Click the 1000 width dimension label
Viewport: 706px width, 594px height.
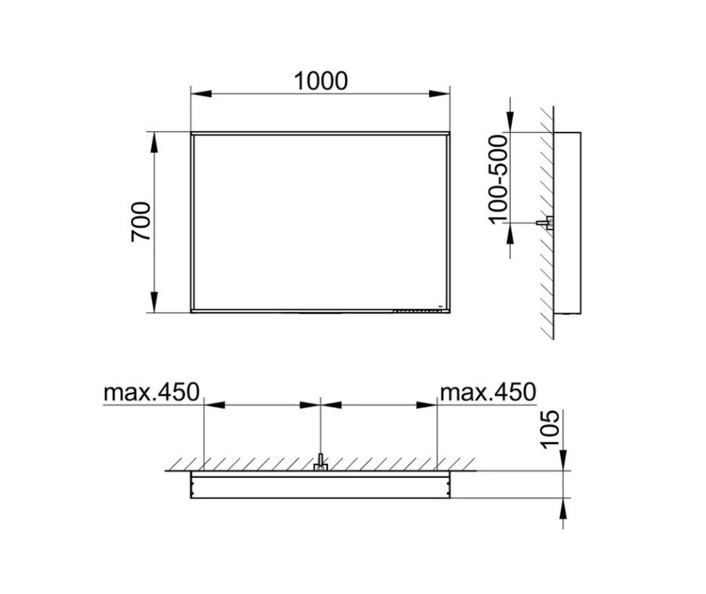point(321,81)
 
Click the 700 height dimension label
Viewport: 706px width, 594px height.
point(140,222)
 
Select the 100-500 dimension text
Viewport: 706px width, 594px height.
point(498,179)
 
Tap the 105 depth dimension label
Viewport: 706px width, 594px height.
point(550,429)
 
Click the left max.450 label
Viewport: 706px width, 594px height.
point(151,392)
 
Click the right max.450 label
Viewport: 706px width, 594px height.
point(488,392)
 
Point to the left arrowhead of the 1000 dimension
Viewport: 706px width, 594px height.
point(202,94)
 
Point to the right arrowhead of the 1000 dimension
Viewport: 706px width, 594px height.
point(439,94)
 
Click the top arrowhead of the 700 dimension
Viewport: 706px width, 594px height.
point(155,143)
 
